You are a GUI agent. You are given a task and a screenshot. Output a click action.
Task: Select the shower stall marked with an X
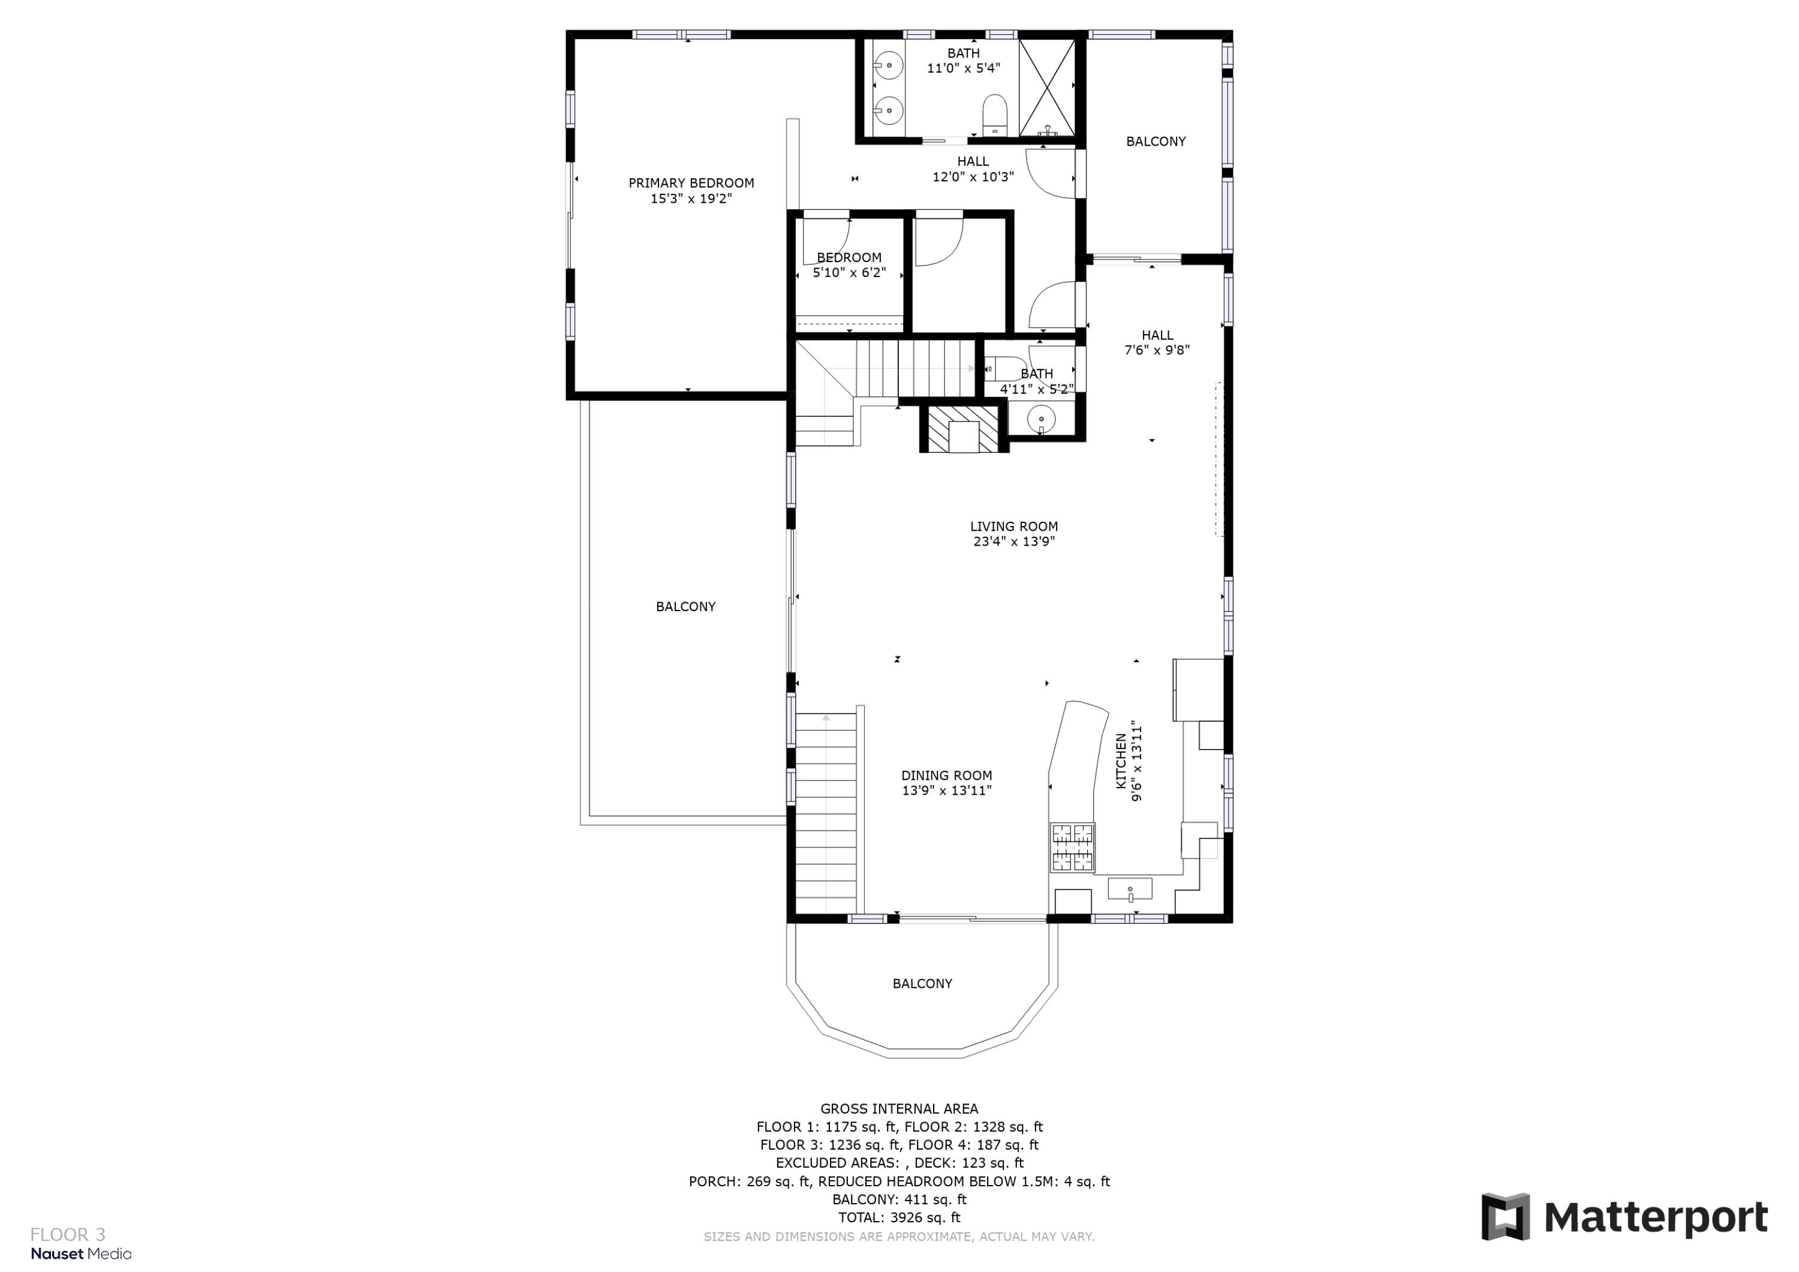[x=1048, y=86]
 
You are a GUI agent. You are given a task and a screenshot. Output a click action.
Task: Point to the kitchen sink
[x=1130, y=889]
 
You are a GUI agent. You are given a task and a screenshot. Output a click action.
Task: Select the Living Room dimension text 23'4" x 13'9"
[x=1014, y=542]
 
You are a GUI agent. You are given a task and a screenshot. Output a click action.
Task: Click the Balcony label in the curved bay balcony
[x=922, y=984]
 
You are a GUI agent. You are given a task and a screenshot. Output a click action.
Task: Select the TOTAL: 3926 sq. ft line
[x=899, y=1217]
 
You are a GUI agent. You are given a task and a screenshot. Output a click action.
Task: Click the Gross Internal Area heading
[x=899, y=1109]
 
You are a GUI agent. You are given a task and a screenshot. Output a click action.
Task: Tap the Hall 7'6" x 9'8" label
[x=1157, y=343]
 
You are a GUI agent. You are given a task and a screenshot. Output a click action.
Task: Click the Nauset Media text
[x=81, y=1254]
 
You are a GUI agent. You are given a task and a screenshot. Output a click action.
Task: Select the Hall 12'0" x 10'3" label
[x=973, y=169]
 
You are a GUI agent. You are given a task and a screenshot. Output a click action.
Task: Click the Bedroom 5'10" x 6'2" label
[x=849, y=265]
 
